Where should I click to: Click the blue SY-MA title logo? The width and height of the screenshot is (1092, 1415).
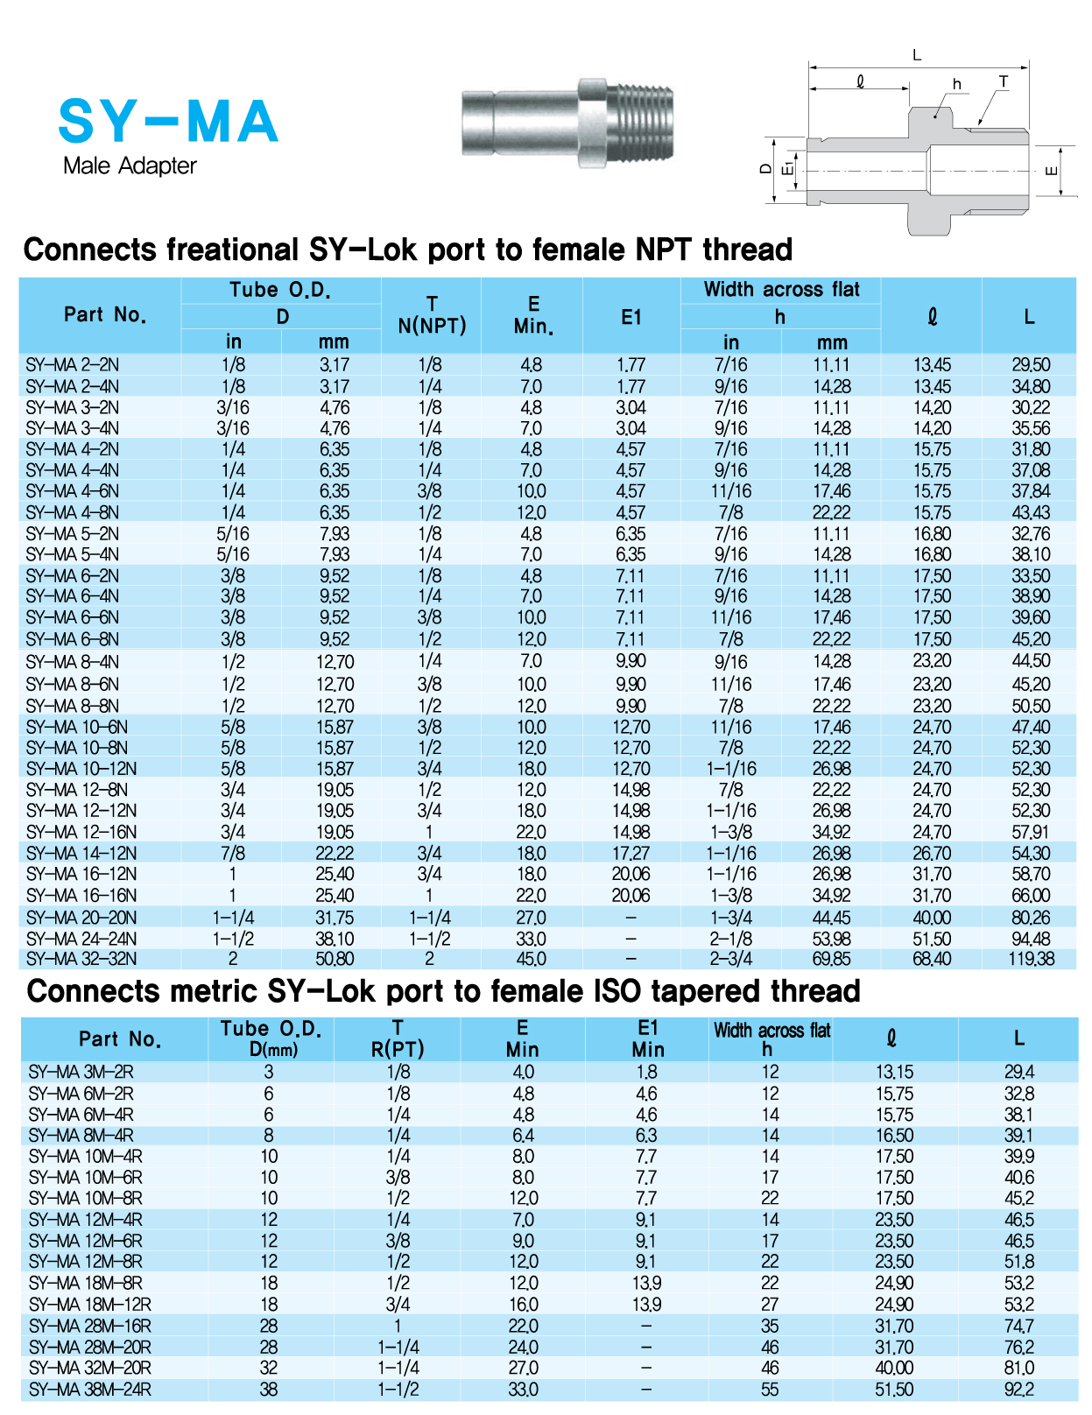point(168,122)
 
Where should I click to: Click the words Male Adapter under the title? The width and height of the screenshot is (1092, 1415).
point(130,165)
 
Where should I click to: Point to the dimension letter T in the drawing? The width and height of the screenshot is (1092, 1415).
point(1003,81)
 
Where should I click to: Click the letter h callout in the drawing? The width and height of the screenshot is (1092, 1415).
point(957,84)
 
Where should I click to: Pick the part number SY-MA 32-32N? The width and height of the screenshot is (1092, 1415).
point(81,959)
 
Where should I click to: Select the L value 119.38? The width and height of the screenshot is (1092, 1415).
point(1030,959)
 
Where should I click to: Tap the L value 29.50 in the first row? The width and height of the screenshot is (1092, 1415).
point(1030,365)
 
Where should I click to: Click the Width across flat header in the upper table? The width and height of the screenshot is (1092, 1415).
point(781,290)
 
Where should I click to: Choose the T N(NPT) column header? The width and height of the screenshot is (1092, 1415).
point(432,315)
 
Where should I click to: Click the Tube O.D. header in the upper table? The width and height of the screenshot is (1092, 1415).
point(280,290)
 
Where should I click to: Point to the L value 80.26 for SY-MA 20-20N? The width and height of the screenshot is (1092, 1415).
point(1030,918)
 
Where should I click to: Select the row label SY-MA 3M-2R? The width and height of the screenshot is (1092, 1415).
point(81,1072)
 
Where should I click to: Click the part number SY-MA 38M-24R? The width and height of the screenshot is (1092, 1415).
point(89,1390)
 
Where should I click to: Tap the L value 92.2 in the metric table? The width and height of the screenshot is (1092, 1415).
point(1018,1390)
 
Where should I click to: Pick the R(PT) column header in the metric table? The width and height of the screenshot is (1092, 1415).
point(398,1049)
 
